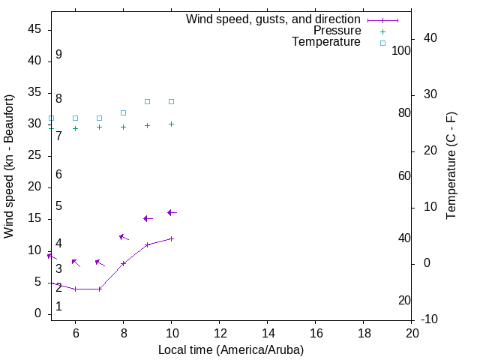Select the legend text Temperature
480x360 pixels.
pos(326,42)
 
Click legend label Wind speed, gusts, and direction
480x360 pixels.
pos(273,19)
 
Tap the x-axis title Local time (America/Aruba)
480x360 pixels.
pos(231,349)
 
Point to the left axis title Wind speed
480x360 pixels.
pos(9,166)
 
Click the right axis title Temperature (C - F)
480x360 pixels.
pos(451,166)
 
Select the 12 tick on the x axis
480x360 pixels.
pos(220,332)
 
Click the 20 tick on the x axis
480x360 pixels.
pos(412,332)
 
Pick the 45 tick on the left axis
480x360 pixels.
pos(34,29)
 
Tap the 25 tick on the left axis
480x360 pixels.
pos(34,155)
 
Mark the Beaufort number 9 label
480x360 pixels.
pos(58,55)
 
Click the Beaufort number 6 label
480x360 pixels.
pos(58,174)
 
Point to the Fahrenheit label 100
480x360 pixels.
pos(402,50)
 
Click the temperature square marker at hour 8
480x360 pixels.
pos(124,112)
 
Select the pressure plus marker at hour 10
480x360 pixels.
pos(172,124)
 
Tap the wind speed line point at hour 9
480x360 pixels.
pos(148,244)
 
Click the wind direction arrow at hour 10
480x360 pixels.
pos(172,213)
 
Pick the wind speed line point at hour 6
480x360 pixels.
pos(75,289)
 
